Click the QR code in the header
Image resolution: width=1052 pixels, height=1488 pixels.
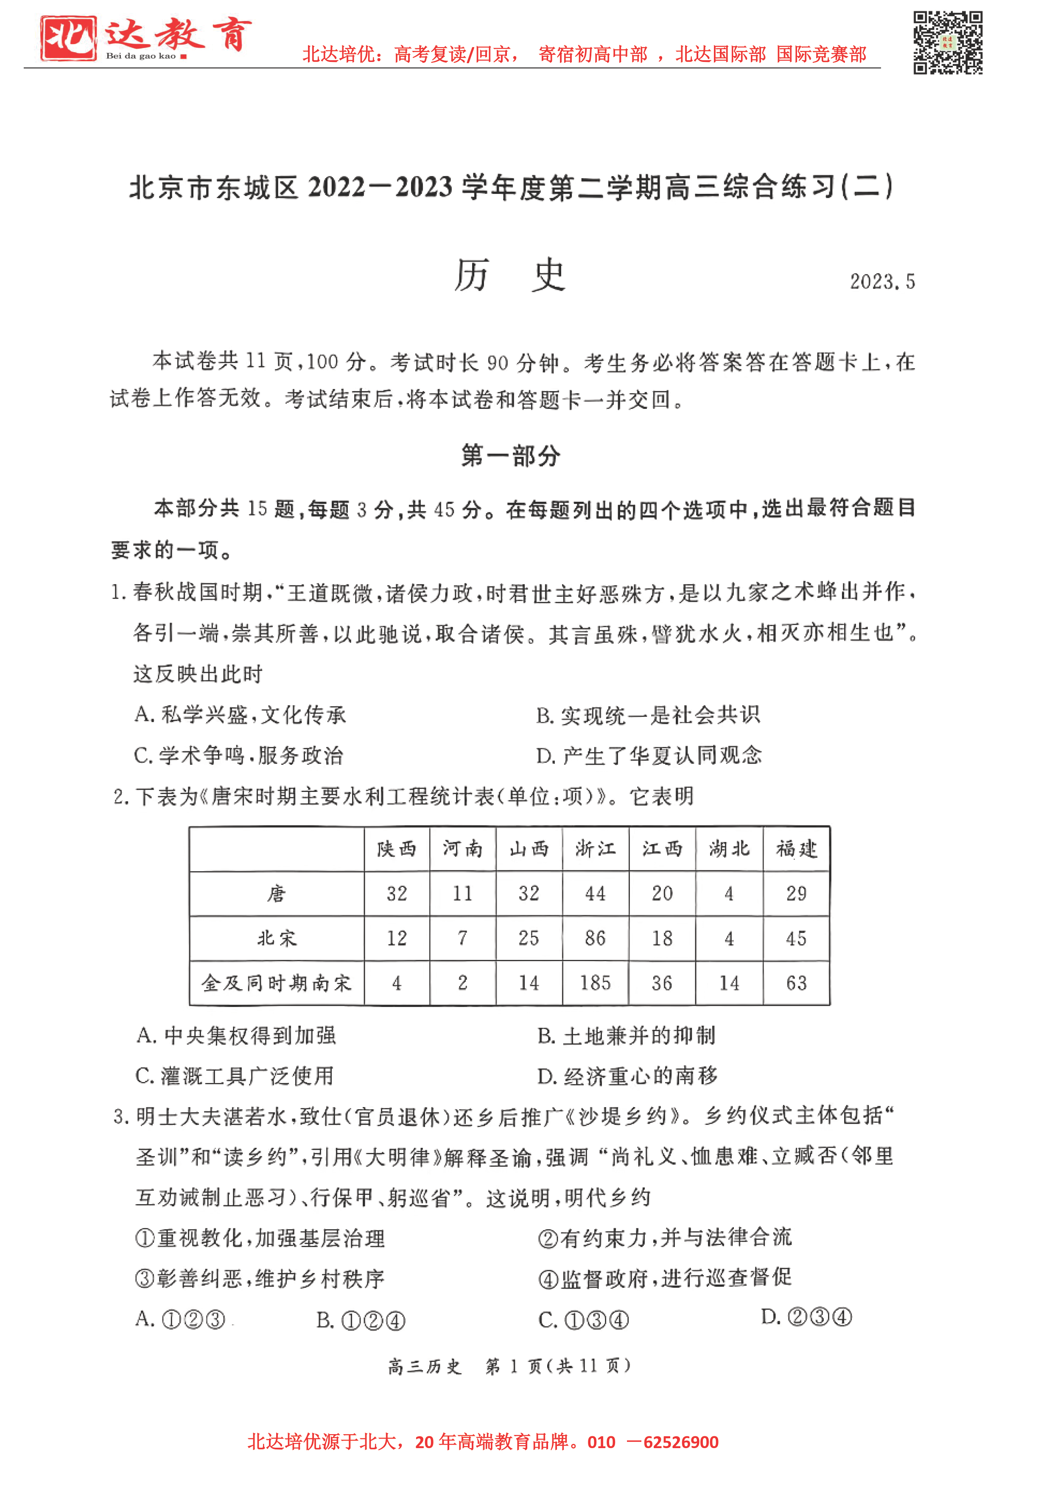948,43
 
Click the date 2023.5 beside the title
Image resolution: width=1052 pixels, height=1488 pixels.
882,281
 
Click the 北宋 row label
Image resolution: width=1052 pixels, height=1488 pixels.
277,938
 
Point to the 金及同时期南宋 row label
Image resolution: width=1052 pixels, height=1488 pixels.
277,983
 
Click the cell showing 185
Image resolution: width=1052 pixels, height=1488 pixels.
595,983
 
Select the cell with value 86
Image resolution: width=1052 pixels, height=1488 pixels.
595,938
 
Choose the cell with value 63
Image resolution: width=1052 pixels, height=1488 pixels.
796,983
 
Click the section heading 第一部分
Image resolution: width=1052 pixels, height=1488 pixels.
511,456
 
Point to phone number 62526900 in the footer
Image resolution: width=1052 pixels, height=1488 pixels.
680,1442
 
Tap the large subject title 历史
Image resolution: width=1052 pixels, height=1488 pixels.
511,275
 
